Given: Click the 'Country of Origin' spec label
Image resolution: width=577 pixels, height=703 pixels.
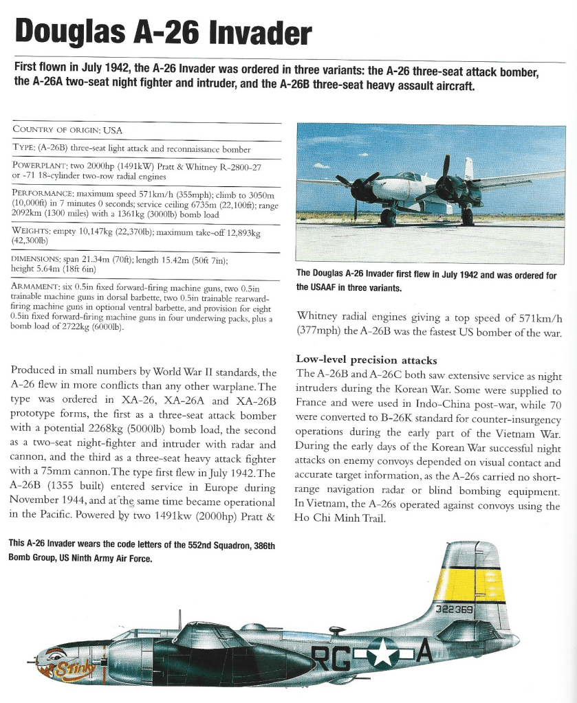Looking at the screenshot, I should click(x=58, y=130).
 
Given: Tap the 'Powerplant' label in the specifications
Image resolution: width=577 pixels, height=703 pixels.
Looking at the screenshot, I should click(x=40, y=166).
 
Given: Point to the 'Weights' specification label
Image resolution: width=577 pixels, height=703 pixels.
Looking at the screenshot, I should click(x=33, y=232).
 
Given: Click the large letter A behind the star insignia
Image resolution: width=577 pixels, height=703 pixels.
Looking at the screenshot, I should click(x=422, y=651).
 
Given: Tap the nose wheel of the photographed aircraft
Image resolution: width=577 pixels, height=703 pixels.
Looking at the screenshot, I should click(x=389, y=219).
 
